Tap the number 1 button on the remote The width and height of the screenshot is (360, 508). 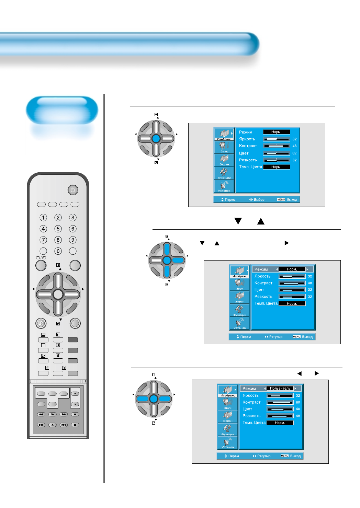(43, 218)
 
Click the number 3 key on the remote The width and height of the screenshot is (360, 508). (73, 218)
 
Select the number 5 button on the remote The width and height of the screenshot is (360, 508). (58, 229)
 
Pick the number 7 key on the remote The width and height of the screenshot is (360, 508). (43, 240)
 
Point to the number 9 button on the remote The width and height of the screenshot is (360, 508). (73, 240)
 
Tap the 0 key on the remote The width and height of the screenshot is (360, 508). (58, 251)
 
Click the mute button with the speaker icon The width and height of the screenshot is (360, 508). (41, 323)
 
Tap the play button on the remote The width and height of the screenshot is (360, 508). (52, 414)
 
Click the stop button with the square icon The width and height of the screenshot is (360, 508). (75, 414)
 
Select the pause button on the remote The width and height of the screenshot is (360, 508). (75, 425)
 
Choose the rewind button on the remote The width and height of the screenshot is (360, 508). (41, 414)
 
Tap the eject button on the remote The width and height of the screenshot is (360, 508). (52, 425)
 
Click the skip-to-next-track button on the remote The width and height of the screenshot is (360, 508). (64, 425)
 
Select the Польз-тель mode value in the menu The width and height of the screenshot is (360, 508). (280, 389)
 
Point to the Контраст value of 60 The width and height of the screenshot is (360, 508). (298, 402)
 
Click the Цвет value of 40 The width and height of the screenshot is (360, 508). (298, 409)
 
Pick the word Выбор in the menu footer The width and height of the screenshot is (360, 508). (259, 200)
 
